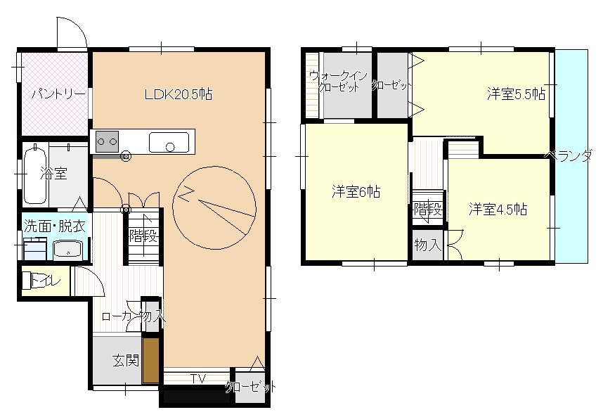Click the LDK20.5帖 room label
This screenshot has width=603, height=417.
179,94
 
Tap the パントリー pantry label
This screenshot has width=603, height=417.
58,94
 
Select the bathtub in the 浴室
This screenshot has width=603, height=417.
36,175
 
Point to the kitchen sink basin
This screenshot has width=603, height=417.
169,142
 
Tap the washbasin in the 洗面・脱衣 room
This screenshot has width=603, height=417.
68,249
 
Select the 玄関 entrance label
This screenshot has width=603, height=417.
125,361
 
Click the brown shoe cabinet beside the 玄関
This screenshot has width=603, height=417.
150,361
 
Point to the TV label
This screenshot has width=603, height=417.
199,378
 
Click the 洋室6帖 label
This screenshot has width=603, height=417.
356,191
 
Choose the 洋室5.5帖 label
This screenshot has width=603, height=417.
516,94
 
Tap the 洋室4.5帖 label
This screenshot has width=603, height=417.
498,210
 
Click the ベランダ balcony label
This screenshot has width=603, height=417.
569,155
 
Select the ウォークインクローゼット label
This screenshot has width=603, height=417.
339,81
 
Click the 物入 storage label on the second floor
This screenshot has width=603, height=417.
427,245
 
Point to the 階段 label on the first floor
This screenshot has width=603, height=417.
143,236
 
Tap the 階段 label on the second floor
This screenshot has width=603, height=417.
427,210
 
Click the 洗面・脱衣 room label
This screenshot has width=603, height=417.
54,226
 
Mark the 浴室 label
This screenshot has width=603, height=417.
54,173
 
